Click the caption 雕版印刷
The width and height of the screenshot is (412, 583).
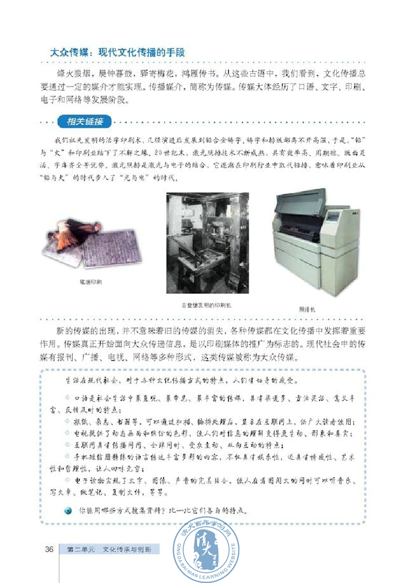coord(94,282)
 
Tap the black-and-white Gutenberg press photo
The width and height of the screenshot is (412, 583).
coord(207,244)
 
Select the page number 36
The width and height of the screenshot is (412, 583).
coord(49,550)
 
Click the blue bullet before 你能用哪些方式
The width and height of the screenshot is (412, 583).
coord(68,511)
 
